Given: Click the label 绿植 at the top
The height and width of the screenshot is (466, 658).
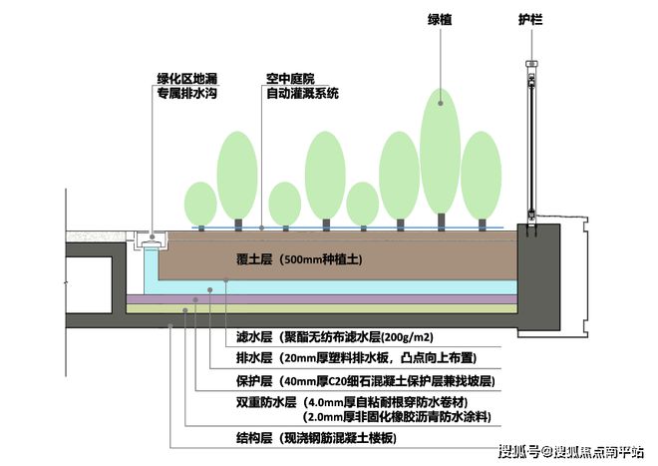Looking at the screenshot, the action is pos(440,19).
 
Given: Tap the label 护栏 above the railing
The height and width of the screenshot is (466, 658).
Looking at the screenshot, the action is pos(530,19).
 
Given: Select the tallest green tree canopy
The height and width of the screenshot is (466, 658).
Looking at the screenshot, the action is pos(441,152).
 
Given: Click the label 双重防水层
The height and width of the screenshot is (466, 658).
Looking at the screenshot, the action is pos(266,402).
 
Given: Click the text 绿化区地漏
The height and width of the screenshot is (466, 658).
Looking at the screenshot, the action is pos(187,79).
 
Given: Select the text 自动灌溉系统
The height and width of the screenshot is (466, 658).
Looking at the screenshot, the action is pos(302,93).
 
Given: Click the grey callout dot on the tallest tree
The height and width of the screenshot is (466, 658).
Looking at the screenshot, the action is pos(441,103).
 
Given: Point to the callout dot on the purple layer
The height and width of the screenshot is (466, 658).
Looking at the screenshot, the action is pos(195,299).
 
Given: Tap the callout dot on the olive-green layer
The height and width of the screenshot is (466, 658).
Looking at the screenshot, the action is pos(185,310).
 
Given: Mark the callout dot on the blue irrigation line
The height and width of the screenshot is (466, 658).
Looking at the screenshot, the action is pos(261,229).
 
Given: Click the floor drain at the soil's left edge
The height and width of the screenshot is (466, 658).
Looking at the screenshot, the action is pos(151,240).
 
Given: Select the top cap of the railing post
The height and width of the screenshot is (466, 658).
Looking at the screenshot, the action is pos(531,64).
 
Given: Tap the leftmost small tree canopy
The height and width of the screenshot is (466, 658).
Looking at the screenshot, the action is pos(200,204).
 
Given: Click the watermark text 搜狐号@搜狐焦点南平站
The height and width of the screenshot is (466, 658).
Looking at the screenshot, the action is pos(571,452).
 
